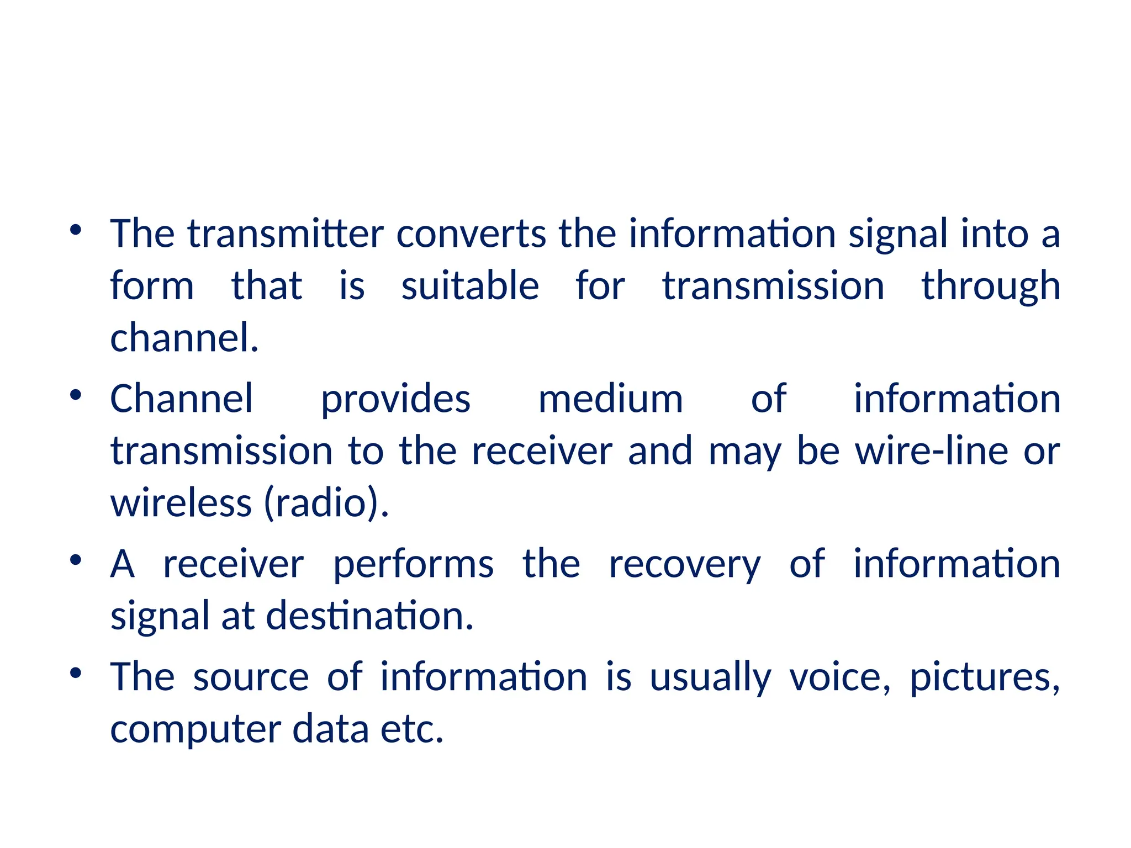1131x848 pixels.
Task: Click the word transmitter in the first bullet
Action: [286, 234]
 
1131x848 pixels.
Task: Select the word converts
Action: [471, 234]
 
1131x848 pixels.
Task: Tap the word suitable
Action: [470, 286]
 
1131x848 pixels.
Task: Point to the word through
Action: [991, 287]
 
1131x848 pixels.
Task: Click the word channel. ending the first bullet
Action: [184, 338]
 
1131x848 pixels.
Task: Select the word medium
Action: [610, 399]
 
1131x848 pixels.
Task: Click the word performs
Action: [413, 565]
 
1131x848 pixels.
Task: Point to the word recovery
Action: [685, 565]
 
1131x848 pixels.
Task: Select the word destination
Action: [369, 616]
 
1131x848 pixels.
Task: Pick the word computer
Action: [195, 730]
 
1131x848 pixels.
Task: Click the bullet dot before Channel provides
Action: [76, 395]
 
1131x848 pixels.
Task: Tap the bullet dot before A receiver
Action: [76, 560]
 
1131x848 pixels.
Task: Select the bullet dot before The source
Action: [76, 673]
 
